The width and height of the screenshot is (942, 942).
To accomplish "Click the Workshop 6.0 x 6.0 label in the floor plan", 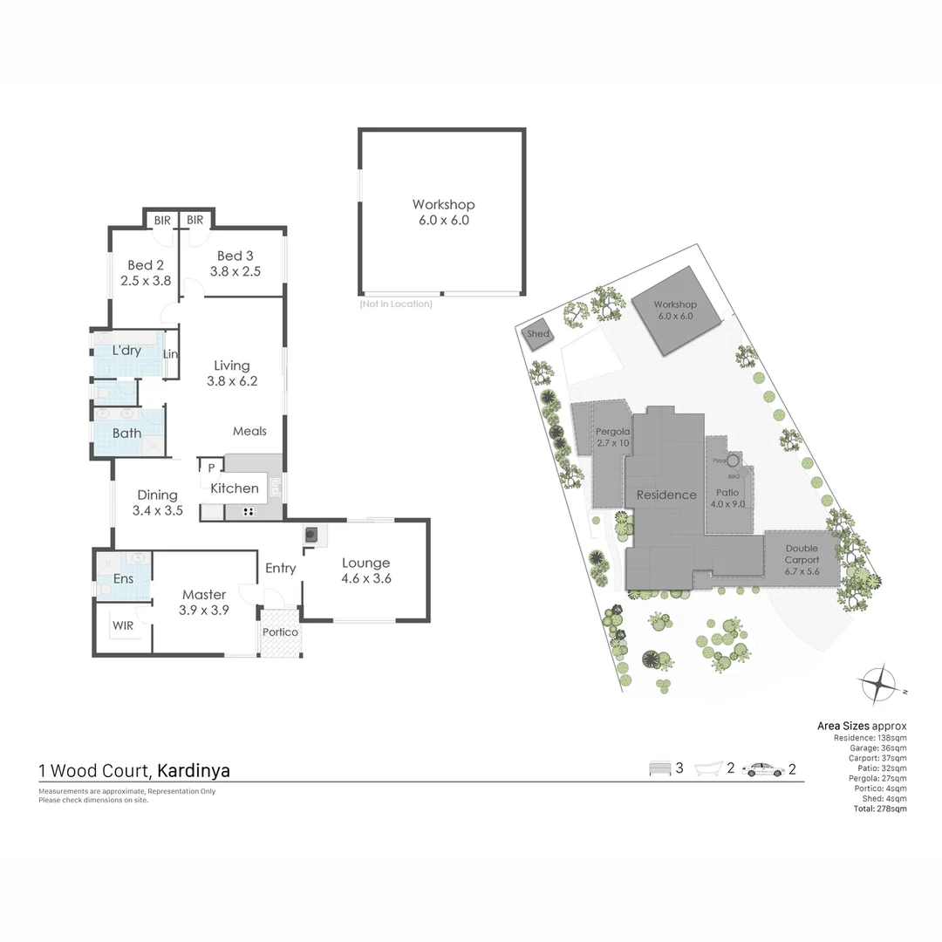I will pyautogui.click(x=443, y=213).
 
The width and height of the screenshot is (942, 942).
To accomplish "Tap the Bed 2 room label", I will pyautogui.click(x=145, y=273).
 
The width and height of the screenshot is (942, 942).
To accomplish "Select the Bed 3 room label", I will pyautogui.click(x=235, y=263).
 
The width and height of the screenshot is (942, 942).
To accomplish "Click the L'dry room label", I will pyautogui.click(x=126, y=351).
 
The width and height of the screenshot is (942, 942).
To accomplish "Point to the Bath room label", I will pyautogui.click(x=126, y=433).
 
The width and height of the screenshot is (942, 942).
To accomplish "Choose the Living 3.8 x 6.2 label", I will pyautogui.click(x=232, y=373).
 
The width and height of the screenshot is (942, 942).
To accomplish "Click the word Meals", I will pyautogui.click(x=249, y=431).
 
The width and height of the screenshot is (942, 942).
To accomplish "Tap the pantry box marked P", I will pyautogui.click(x=211, y=468).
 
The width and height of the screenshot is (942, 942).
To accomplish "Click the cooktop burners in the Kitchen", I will pyautogui.click(x=249, y=512).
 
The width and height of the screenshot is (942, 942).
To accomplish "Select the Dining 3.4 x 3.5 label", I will pyautogui.click(x=157, y=502).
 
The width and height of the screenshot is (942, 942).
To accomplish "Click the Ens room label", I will pyautogui.click(x=123, y=579).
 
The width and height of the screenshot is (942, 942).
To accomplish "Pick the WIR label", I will pyautogui.click(x=122, y=625).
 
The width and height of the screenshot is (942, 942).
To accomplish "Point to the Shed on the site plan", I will pyautogui.click(x=538, y=335).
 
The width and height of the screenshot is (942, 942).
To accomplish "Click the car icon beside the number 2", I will pyautogui.click(x=762, y=769).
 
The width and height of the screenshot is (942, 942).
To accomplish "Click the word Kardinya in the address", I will pyautogui.click(x=194, y=771).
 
